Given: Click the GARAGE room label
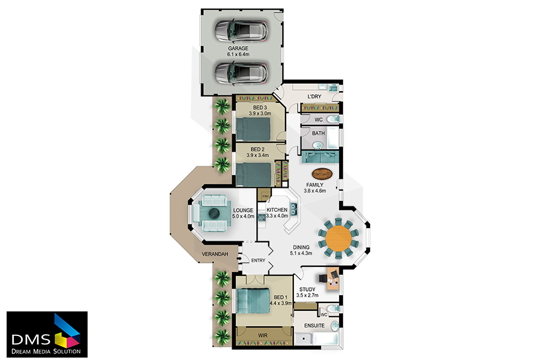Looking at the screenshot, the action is pyautogui.click(x=238, y=48).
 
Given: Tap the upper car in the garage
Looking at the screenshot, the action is pyautogui.click(x=241, y=31).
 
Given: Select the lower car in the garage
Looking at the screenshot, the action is pyautogui.click(x=241, y=73).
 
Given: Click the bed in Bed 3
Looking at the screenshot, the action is pyautogui.click(x=253, y=129).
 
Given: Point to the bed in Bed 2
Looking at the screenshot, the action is pyautogui.click(x=254, y=174).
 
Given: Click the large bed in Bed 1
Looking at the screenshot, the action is pyautogui.click(x=253, y=301).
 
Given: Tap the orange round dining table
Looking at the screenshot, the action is pyautogui.click(x=338, y=238).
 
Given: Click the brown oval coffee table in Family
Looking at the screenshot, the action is pyautogui.click(x=322, y=173).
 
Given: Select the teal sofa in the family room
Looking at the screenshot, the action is pyautogui.click(x=320, y=157).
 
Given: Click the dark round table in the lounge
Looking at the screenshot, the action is pyautogui.click(x=214, y=213).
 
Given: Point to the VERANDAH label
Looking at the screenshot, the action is pyautogui.click(x=215, y=254).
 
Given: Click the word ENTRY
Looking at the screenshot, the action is pyautogui.click(x=258, y=260).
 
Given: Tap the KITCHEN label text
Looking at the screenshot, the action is pyautogui.click(x=277, y=210).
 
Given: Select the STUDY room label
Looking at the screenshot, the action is pyautogui.click(x=307, y=289).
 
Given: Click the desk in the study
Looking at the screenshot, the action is pyautogui.click(x=333, y=278).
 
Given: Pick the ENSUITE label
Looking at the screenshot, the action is pyautogui.click(x=314, y=326).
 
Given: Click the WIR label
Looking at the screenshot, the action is pyautogui.click(x=263, y=335).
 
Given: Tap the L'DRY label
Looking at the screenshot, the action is pyautogui.click(x=314, y=97).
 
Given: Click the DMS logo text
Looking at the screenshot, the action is pyautogui.click(x=31, y=340).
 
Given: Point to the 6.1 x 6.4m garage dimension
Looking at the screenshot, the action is pyautogui.click(x=238, y=55).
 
